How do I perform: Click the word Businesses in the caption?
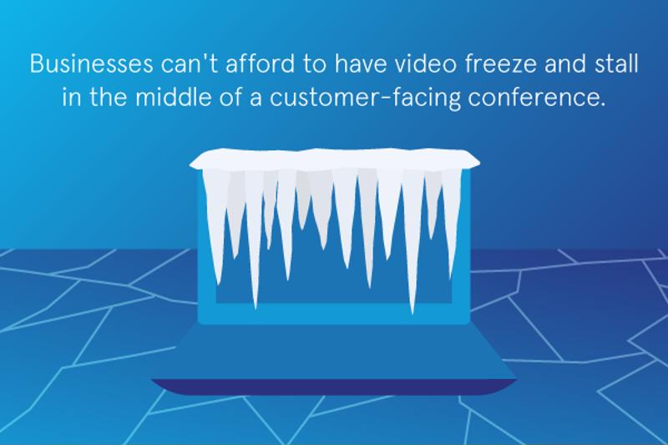coord(91,64)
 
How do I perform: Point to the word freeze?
coord(500,63)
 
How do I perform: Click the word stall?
coord(616,63)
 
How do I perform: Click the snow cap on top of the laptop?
coord(335,159)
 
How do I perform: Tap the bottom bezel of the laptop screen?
coord(334,314)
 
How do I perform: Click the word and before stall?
coord(565,63)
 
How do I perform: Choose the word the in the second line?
coord(109,97)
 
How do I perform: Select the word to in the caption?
coord(315,64)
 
